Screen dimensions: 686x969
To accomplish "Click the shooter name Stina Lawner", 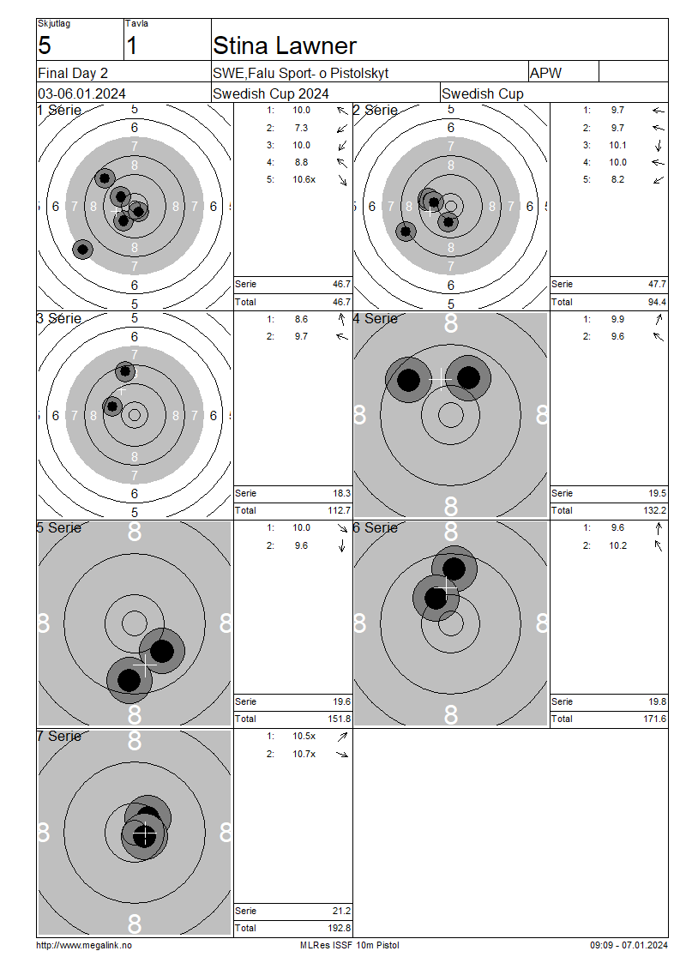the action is click(285, 45).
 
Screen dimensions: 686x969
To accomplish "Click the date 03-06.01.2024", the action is click(81, 94).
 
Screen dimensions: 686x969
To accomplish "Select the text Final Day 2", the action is click(73, 74).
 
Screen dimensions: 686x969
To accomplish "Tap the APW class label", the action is click(545, 73).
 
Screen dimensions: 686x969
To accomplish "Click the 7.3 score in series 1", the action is click(301, 128).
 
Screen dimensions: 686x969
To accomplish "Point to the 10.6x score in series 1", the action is click(304, 180).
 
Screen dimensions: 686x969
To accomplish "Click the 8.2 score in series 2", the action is click(617, 180).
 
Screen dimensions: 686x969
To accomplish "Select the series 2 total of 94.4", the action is click(656, 302).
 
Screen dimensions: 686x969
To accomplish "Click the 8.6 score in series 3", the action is click(301, 320).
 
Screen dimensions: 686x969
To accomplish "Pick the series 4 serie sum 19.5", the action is click(658, 493).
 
